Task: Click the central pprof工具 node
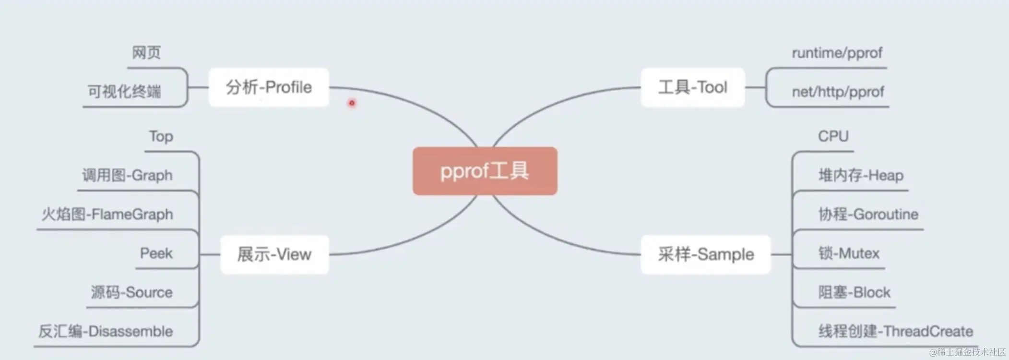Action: click(x=485, y=171)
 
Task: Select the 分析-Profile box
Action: click(x=269, y=87)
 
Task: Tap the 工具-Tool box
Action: click(x=692, y=87)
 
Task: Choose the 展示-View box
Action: click(x=274, y=254)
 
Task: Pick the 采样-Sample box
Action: click(x=705, y=254)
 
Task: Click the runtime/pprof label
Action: click(x=837, y=53)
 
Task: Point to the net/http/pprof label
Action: click(x=838, y=92)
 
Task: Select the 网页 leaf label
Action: click(x=146, y=53)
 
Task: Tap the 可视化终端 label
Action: click(x=124, y=91)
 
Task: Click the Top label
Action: click(x=161, y=136)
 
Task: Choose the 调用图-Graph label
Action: click(x=127, y=175)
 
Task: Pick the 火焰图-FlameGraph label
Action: click(x=107, y=214)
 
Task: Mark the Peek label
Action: click(x=156, y=253)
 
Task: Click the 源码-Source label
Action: click(x=132, y=292)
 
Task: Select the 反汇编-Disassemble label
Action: click(x=106, y=331)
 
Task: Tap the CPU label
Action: click(x=833, y=136)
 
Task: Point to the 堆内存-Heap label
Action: click(x=861, y=175)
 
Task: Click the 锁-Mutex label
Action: click(x=849, y=253)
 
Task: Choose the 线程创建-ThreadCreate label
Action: click(x=895, y=331)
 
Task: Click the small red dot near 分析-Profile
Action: click(x=352, y=103)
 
